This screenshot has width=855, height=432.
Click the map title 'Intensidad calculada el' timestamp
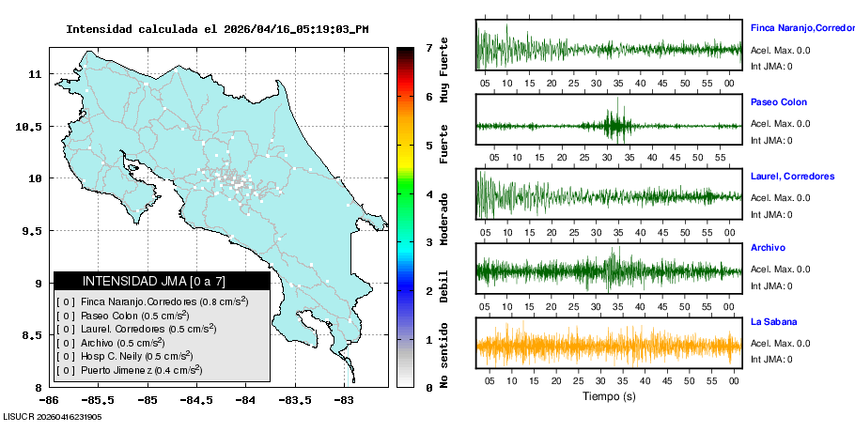click(217, 29)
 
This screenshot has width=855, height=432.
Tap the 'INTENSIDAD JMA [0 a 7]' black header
click(162, 281)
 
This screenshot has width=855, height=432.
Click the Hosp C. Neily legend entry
click(136, 357)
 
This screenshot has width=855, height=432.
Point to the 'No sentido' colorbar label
click(444, 358)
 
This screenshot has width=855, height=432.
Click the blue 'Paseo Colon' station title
click(778, 102)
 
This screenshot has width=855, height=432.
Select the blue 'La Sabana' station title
click(772, 322)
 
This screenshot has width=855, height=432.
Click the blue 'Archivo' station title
click(768, 248)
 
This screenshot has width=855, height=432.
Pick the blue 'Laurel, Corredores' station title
click(792, 177)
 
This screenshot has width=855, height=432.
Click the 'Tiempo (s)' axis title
click(609, 396)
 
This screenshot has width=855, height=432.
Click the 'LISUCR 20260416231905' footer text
click(53, 416)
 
